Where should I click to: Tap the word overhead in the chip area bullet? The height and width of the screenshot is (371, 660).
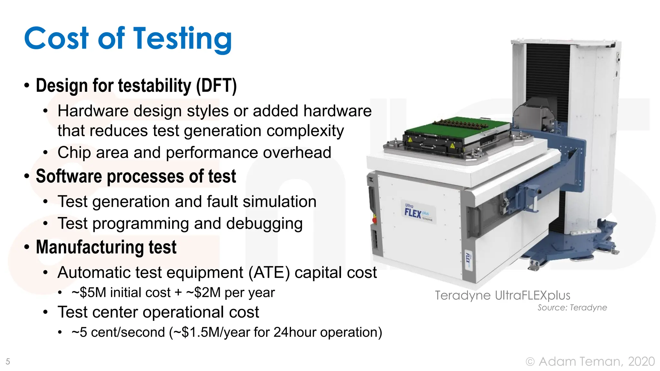click(297, 152)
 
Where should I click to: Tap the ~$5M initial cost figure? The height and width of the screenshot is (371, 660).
click(89, 293)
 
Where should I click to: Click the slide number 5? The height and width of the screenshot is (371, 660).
click(8, 361)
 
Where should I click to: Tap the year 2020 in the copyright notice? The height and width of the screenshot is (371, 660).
click(641, 361)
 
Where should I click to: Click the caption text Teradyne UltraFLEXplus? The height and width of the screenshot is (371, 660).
click(502, 295)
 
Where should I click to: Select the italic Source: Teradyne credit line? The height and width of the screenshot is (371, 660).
click(572, 308)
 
